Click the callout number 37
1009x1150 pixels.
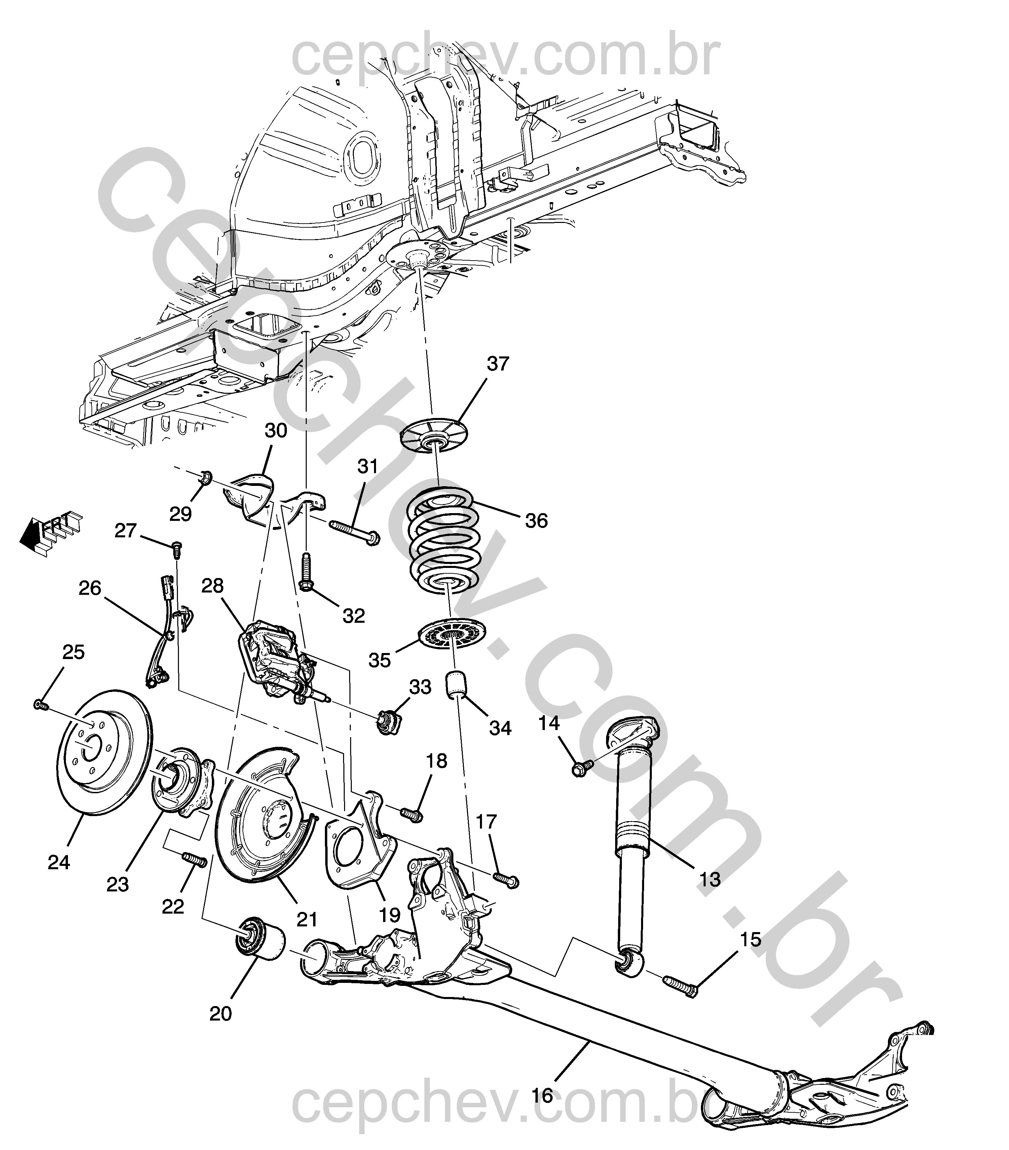(x=497, y=364)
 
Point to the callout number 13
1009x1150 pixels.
(x=709, y=879)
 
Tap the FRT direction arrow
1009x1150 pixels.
(x=51, y=529)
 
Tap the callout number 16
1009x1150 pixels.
(x=542, y=1096)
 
